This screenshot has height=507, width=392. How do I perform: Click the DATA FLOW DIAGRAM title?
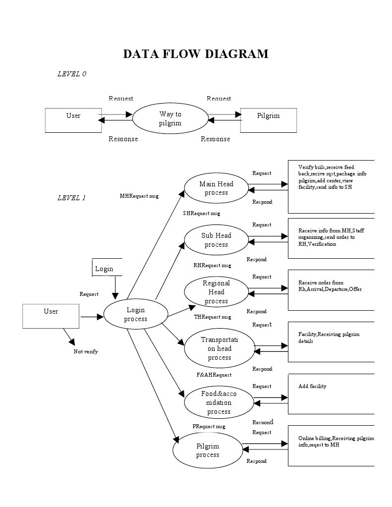pos(196,54)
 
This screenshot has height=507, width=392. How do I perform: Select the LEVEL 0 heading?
pos(72,74)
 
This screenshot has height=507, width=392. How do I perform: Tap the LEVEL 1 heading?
pos(71,198)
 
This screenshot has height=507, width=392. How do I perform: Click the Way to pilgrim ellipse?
pos(170,119)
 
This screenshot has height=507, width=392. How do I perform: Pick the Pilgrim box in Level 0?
pos(268,120)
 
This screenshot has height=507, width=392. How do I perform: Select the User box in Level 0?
pos(73,120)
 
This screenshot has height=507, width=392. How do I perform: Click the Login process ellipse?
pos(135,315)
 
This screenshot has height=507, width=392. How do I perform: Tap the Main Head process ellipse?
pos(216,188)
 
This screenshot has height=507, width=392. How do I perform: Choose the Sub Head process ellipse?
pos(216,240)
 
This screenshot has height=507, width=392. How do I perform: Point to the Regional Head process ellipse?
pos(216,292)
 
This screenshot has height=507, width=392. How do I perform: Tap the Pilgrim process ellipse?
pos(207,451)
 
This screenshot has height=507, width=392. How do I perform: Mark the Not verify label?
pos(86,351)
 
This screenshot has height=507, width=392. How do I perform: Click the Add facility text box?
pos(331,394)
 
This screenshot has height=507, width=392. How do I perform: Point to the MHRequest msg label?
pos(139,196)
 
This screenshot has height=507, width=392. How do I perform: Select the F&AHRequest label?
pos(214,375)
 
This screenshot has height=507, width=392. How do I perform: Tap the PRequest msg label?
pos(209,426)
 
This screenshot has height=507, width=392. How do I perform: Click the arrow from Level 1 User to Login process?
pos(91,317)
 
